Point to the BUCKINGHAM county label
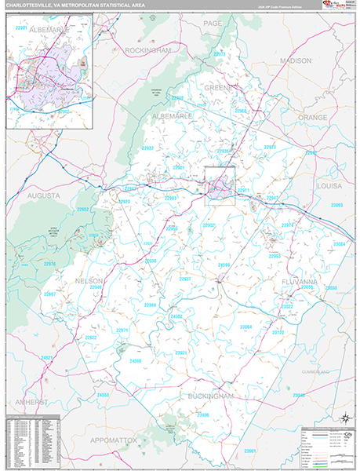tap(210, 397)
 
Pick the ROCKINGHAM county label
tap(147, 49)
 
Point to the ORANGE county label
tap(311, 117)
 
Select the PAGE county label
tap(212, 24)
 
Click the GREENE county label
tap(217, 88)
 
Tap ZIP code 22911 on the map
tap(243, 191)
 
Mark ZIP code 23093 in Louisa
tap(336, 205)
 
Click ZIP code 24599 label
tap(136, 361)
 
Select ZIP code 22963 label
tap(275, 256)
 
